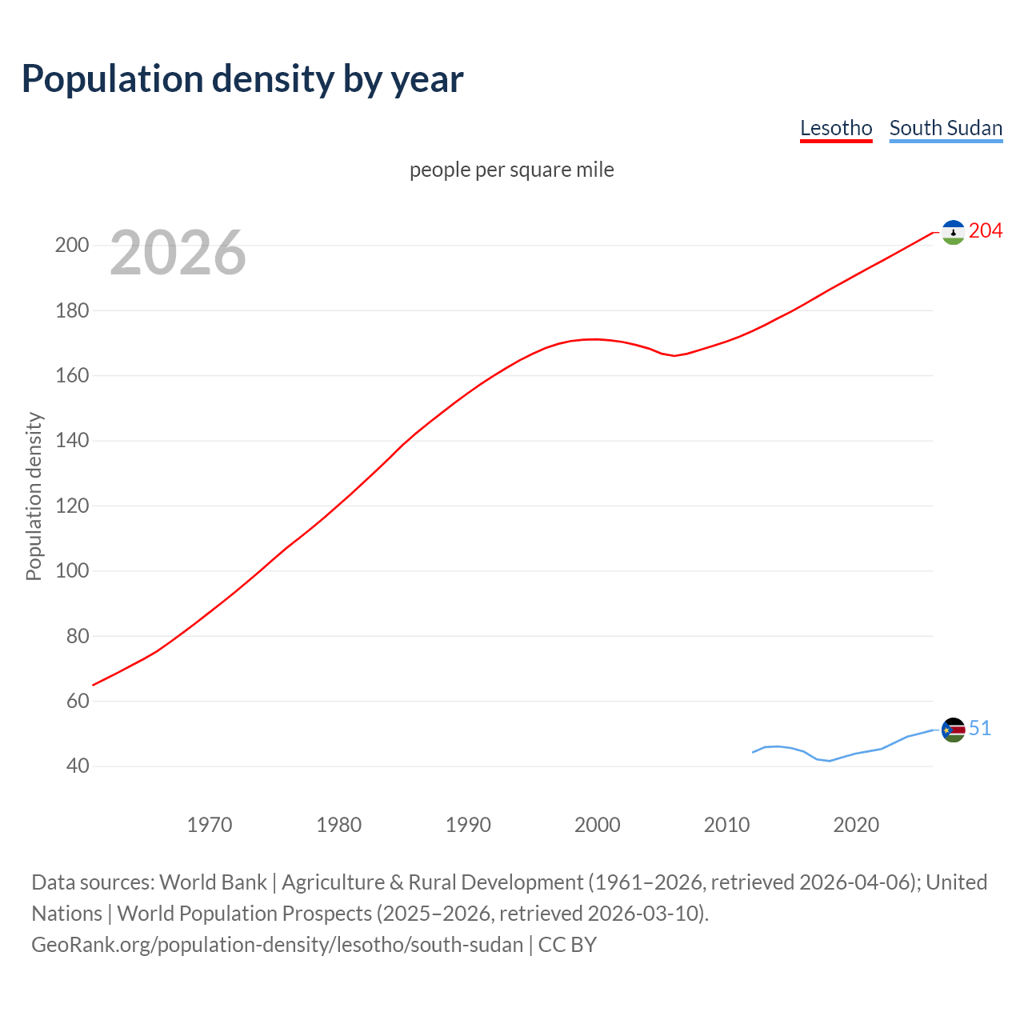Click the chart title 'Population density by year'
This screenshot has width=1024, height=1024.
pyautogui.click(x=242, y=78)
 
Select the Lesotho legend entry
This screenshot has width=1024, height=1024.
pyautogui.click(x=836, y=128)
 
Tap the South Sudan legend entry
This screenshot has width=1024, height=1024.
pyautogui.click(x=946, y=128)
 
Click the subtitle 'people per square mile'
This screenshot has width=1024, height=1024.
pyautogui.click(x=511, y=170)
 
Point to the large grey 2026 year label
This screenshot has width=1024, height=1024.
pyautogui.click(x=178, y=253)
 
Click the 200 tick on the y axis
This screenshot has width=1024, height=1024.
pyautogui.click(x=71, y=245)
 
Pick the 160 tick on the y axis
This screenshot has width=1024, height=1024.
pyautogui.click(x=71, y=375)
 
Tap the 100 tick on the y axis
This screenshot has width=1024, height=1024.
pyautogui.click(x=71, y=571)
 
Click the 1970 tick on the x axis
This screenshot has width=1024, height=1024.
pyautogui.click(x=210, y=825)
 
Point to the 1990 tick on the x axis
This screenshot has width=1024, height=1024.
pyautogui.click(x=468, y=825)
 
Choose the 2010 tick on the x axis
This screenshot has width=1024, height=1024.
pyautogui.click(x=726, y=825)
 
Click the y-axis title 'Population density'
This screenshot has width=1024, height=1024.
pyautogui.click(x=34, y=496)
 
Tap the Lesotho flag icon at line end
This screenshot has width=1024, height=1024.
pyautogui.click(x=953, y=232)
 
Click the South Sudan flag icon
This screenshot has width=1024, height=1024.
pyautogui.click(x=953, y=730)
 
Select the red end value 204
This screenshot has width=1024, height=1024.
pyautogui.click(x=985, y=231)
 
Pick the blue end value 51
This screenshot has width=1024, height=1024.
pyautogui.click(x=979, y=728)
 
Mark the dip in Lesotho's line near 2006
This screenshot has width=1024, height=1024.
pyautogui.click(x=674, y=355)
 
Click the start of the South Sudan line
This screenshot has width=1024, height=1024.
pyautogui.click(x=753, y=752)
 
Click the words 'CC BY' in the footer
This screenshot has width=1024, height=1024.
pyautogui.click(x=567, y=945)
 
